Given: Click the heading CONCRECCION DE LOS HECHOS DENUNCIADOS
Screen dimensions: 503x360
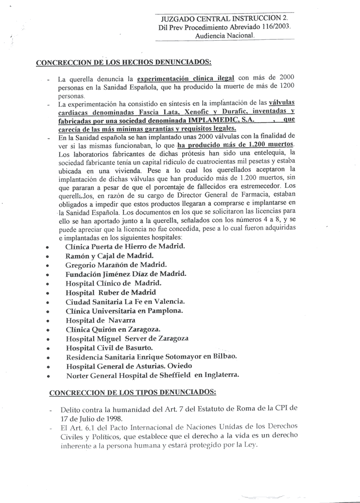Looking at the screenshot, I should point(124,62).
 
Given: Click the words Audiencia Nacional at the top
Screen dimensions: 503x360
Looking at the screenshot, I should point(224,35).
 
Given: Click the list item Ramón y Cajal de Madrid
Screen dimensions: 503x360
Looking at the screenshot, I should point(109,255).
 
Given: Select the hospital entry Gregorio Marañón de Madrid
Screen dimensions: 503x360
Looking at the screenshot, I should point(116,265).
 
